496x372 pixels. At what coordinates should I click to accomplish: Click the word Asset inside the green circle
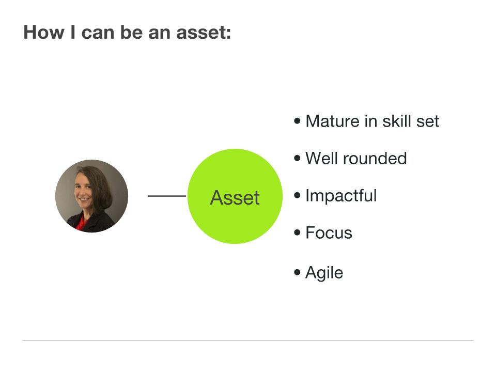coord(235,197)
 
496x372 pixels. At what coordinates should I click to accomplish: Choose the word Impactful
coord(341,196)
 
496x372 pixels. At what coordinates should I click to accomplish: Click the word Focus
coord(329,233)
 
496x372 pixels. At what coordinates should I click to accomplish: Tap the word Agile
coord(324,272)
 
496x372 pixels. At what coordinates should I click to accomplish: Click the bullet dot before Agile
coord(297,272)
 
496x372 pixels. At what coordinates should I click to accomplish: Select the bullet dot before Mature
coord(297,121)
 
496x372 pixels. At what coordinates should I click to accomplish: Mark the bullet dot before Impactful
coord(297,195)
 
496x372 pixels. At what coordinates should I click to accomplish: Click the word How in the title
coord(41,33)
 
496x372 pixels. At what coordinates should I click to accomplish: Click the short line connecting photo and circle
coord(166,196)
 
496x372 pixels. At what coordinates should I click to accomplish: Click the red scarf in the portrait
coord(80,223)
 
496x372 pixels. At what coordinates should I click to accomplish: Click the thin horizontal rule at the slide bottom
coord(248,340)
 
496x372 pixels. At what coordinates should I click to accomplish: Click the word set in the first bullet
coord(428,121)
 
